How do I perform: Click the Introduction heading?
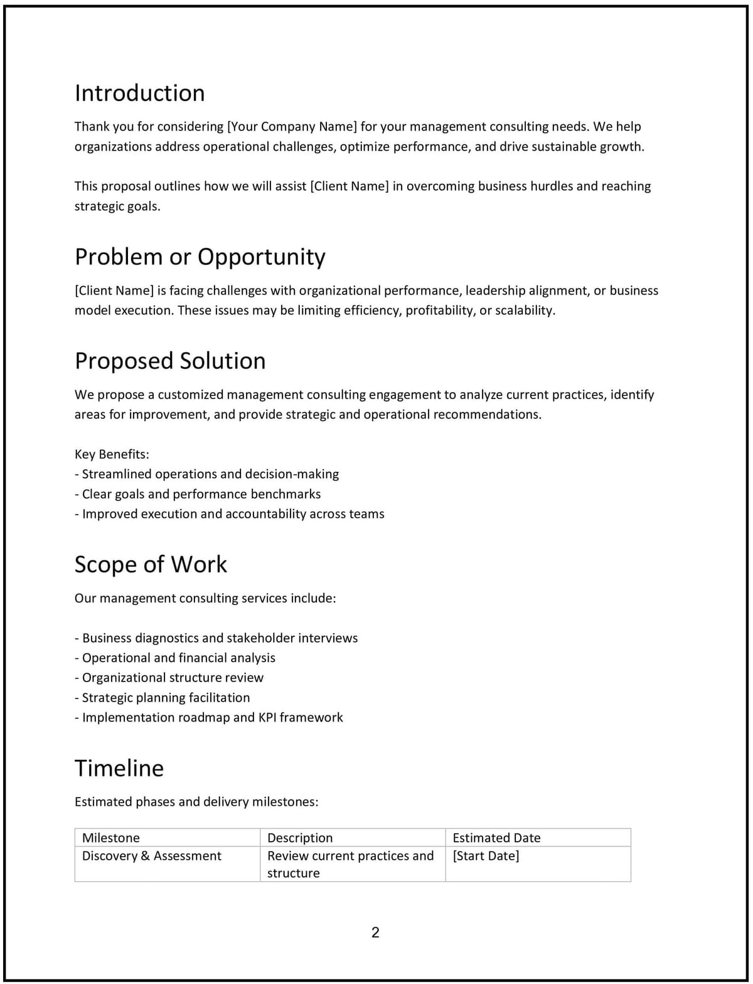[139, 93]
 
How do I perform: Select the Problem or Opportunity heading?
[200, 257]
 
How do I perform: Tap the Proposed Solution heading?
[169, 361]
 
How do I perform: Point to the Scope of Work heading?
[151, 564]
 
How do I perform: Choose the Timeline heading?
[119, 768]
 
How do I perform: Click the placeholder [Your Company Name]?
[292, 127]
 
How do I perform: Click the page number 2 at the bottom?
[375, 933]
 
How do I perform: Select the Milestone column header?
[111, 838]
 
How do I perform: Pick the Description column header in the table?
[300, 838]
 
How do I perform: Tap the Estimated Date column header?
[496, 838]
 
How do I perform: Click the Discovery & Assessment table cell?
[152, 856]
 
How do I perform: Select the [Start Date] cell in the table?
[486, 856]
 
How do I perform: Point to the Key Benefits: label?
[112, 454]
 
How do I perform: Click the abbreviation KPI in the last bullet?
[267, 717]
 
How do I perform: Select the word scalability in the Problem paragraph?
[525, 311]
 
